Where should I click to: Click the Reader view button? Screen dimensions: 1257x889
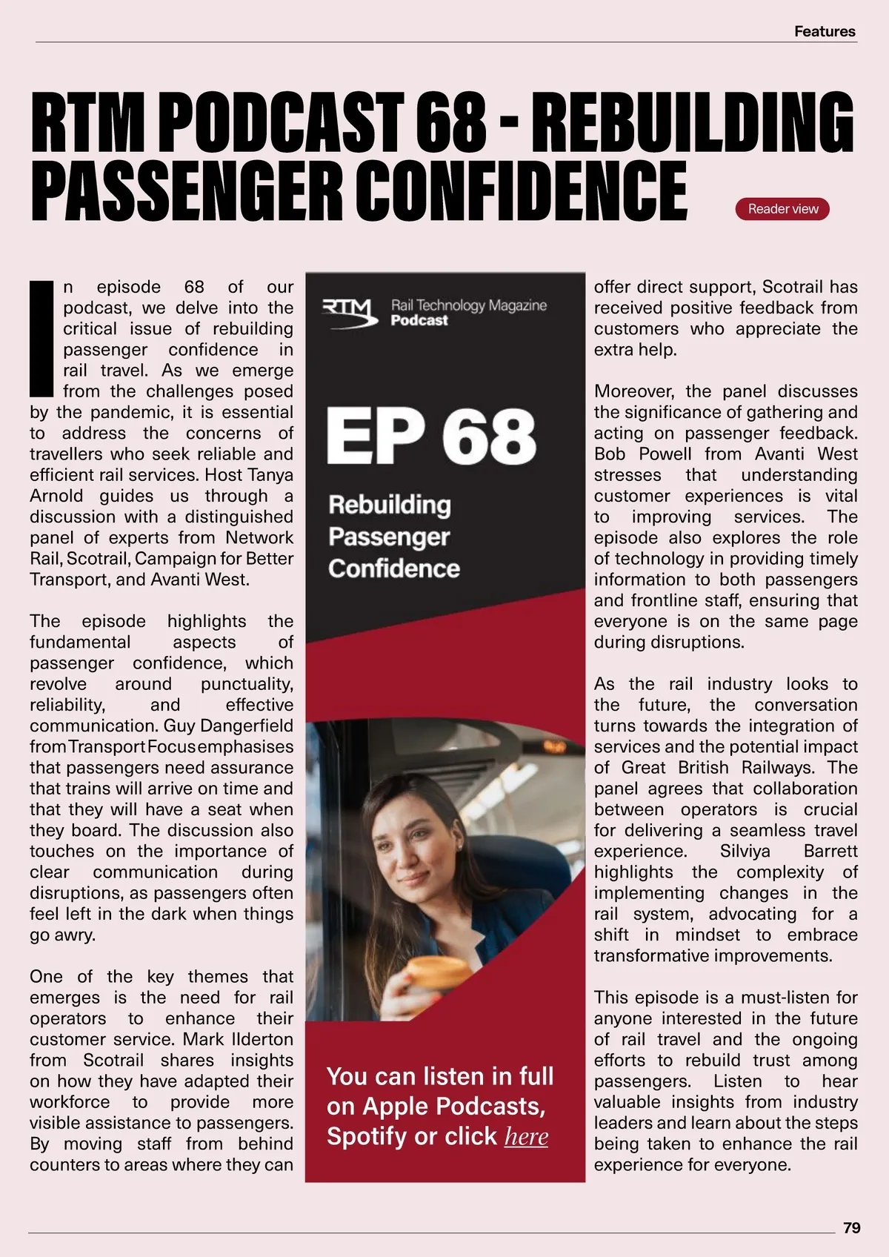(782, 209)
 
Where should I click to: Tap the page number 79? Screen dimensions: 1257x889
(851, 1227)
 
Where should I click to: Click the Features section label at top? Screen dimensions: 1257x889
(824, 31)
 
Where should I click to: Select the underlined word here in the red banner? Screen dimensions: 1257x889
(526, 1136)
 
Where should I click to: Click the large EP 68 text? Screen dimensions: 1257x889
(430, 437)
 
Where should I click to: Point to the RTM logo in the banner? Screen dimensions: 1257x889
(350, 311)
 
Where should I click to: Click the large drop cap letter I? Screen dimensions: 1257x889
(41, 338)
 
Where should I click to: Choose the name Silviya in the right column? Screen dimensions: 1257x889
(745, 851)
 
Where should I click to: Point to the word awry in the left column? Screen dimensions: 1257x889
(76, 935)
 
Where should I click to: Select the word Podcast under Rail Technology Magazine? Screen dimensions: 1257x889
(419, 320)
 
